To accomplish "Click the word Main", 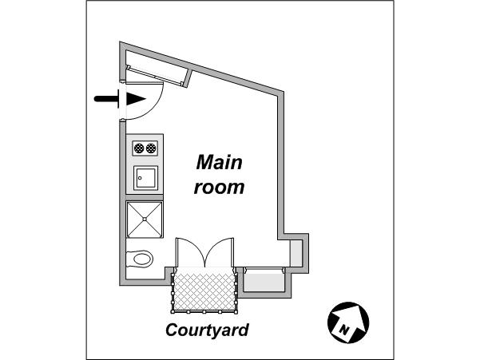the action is point(219,162).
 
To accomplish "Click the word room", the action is point(219,187).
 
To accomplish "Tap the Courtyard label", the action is point(207,330).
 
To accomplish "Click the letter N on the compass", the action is point(344,330).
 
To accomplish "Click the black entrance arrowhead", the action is point(136,99).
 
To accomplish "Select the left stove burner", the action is point(139,148).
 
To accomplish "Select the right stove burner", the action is point(151,148).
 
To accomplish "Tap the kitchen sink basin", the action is point(145,178).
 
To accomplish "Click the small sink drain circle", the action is point(140,178).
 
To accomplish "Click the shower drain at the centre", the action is point(145,219).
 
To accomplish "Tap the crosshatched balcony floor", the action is point(204,290).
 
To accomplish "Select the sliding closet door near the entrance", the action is point(156,75).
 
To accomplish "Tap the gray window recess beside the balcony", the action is point(264,281).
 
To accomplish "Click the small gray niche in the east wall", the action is point(296,253).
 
